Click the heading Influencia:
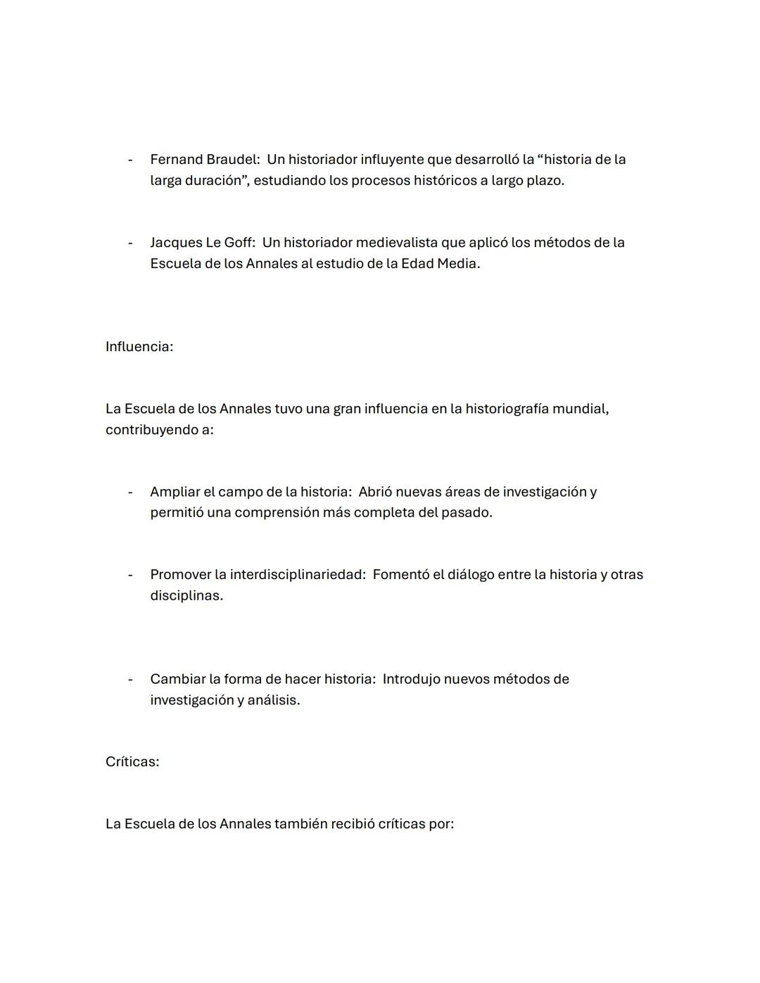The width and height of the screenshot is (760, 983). coord(139,347)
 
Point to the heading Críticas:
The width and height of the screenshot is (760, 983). coord(132,762)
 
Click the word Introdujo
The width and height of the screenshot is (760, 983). coord(411,679)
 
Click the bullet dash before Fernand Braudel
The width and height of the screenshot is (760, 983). coord(130,160)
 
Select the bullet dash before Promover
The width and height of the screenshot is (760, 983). coord(130,575)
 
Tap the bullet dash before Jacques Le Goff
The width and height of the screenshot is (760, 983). coord(130,243)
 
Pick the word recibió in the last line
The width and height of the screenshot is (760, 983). coord(353,824)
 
